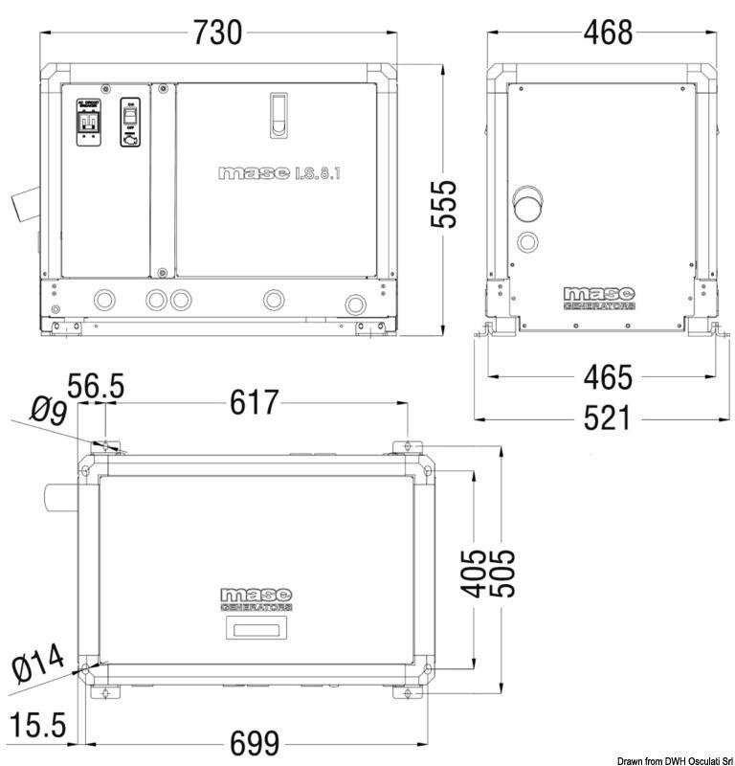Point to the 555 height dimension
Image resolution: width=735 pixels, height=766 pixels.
point(443,203)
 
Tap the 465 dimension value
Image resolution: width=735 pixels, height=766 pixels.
point(608,377)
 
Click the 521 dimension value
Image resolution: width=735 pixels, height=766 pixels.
point(608,418)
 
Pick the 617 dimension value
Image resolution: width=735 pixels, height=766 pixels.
point(254,403)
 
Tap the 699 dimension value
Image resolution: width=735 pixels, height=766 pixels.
point(254,743)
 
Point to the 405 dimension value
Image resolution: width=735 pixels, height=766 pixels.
point(472,572)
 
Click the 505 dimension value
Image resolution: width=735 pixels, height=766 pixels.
point(502,572)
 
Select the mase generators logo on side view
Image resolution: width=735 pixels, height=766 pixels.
point(599,298)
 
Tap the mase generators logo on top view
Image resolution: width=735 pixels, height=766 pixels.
point(256,599)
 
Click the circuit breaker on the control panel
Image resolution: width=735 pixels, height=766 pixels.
point(88,121)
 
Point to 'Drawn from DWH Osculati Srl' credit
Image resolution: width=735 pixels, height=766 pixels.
point(659,759)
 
